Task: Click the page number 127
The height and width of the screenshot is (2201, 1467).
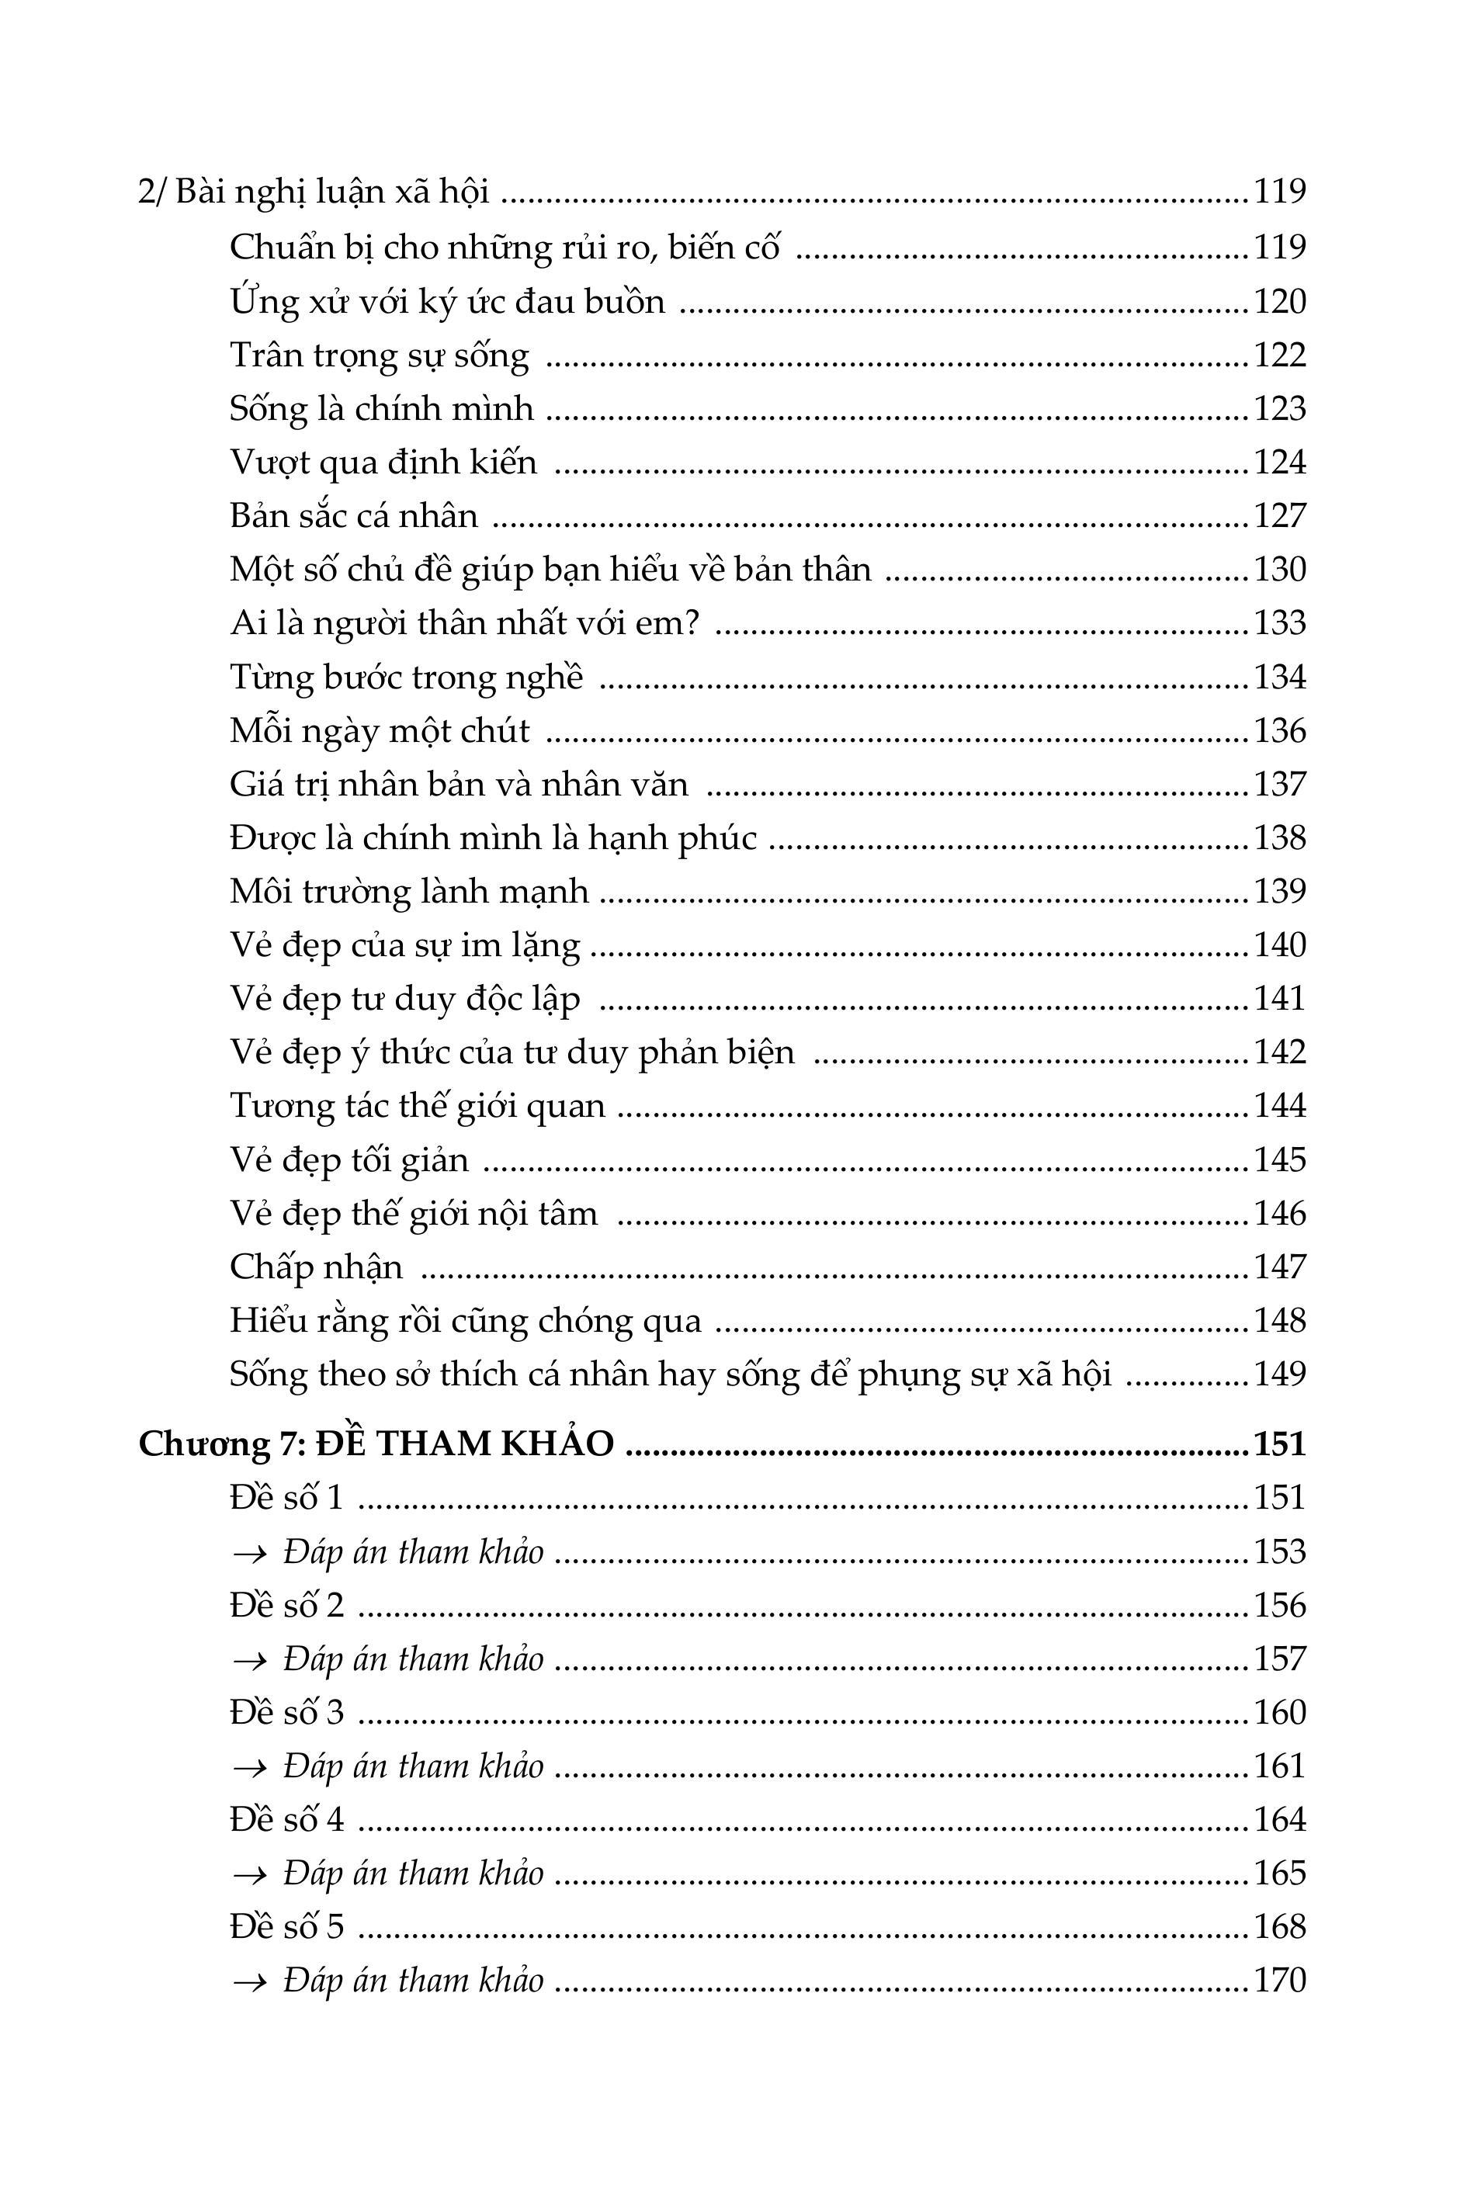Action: pos(1279,516)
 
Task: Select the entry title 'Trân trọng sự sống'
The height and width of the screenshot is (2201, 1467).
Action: pos(379,355)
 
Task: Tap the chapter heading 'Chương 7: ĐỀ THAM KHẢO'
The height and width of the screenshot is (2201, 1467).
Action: pos(376,1444)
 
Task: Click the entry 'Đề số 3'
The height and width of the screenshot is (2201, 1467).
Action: pos(286,1713)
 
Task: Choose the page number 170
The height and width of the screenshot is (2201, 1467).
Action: pos(1279,1981)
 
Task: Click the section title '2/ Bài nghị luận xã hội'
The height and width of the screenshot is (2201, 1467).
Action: pos(314,192)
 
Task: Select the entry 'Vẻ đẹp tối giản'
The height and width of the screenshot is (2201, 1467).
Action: pos(349,1161)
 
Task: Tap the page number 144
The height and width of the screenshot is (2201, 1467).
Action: pos(1279,1107)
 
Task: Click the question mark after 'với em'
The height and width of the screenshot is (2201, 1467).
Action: pos(692,623)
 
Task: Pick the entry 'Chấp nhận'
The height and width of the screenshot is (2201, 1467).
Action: pos(316,1268)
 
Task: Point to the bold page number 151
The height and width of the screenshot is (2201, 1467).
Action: pos(1279,1444)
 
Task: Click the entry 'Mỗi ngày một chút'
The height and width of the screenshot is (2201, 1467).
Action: pos(379,730)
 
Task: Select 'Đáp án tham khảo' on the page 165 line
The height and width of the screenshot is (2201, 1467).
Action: pos(413,1873)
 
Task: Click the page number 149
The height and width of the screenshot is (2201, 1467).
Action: pos(1279,1374)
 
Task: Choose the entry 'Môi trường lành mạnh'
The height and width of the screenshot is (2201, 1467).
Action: pos(409,892)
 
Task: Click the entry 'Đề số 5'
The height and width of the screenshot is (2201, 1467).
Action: pos(286,1927)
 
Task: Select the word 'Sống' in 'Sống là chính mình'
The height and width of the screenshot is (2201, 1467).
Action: pos(269,410)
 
